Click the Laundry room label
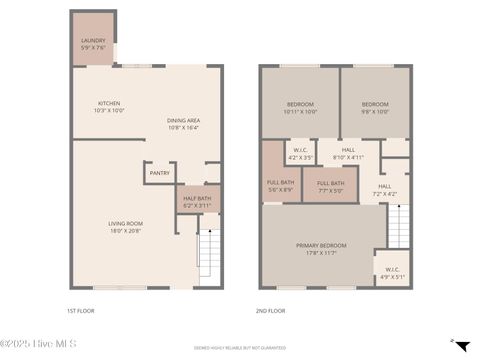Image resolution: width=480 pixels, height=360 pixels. click(x=92, y=45)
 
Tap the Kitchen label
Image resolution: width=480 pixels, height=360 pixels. click(x=109, y=106)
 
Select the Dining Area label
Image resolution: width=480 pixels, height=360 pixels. click(x=183, y=124)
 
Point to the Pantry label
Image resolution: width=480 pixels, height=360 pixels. click(x=159, y=173)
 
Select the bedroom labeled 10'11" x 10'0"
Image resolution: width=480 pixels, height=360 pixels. click(x=300, y=108)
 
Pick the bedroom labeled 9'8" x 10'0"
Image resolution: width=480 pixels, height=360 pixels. click(x=375, y=108)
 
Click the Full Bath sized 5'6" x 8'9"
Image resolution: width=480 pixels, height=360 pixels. click(x=280, y=185)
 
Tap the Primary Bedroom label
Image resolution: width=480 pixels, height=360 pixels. click(x=321, y=249)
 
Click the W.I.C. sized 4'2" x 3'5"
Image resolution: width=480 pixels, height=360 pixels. click(x=300, y=155)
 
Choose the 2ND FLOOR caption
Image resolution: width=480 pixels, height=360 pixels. click(x=273, y=310)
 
